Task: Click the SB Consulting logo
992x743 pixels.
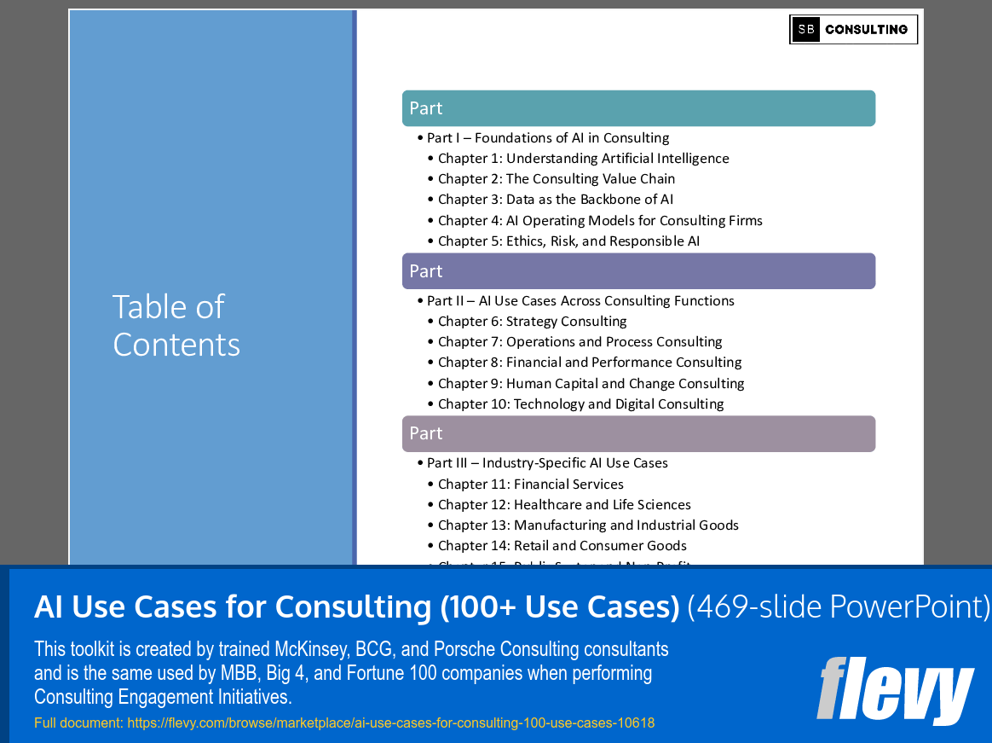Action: coord(853,30)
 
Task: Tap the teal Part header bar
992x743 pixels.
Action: coord(638,108)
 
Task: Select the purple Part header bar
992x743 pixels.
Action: coord(638,271)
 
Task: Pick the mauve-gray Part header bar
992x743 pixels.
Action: coord(638,433)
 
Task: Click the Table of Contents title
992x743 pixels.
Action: coord(176,325)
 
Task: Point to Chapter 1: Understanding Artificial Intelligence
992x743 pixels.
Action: coord(583,159)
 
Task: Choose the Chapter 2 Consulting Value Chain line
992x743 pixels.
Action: coord(556,179)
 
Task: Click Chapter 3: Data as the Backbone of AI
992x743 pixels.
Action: coord(555,200)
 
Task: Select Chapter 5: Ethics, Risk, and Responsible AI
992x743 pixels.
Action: coord(568,241)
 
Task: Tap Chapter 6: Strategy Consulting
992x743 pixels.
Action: coord(532,322)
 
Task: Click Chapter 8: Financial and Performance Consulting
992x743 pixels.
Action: coord(589,363)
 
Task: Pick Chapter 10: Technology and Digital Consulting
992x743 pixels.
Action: coord(580,404)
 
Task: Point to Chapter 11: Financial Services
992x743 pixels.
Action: coord(530,485)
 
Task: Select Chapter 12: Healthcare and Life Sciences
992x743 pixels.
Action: coord(564,505)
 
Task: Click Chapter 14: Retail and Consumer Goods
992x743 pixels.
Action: coord(562,546)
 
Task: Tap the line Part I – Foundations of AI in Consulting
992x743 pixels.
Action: coord(548,138)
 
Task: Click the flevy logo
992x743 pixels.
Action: coord(895,690)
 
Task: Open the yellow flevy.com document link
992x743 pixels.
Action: coord(344,723)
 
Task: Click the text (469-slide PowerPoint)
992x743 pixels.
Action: coord(839,607)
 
